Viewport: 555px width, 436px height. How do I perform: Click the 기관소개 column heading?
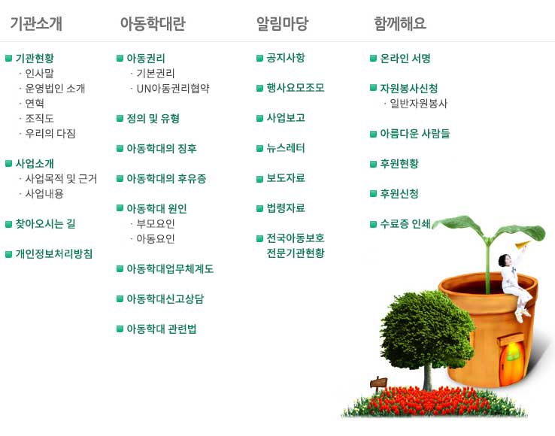tap(36, 23)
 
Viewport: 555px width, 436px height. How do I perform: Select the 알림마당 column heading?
tap(282, 23)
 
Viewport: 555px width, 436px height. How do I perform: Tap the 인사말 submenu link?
tap(39, 73)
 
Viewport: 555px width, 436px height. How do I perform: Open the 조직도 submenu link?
tap(39, 118)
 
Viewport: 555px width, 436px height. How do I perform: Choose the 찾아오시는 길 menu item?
tap(45, 224)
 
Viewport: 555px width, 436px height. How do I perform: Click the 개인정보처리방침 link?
tap(54, 254)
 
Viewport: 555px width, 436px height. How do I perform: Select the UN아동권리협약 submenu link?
tap(173, 88)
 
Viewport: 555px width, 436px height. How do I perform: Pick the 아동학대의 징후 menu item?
tap(162, 148)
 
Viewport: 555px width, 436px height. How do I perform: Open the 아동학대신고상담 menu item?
tap(165, 298)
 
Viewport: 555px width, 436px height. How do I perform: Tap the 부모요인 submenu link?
tap(156, 224)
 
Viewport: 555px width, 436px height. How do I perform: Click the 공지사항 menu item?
tap(286, 58)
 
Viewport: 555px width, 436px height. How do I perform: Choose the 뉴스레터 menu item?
tap(286, 148)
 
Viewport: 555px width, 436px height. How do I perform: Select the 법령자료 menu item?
tap(286, 208)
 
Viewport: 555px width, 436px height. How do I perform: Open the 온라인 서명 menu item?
tap(405, 58)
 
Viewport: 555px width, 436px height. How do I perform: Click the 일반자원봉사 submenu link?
tap(418, 103)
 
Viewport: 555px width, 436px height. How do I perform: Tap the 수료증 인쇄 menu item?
tap(405, 224)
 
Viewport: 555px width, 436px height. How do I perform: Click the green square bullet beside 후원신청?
tap(373, 194)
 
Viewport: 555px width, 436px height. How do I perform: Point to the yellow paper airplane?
tap(523, 244)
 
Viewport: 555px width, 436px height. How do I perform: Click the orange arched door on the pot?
tap(512, 363)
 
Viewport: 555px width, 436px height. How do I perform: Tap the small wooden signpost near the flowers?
tap(378, 383)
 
